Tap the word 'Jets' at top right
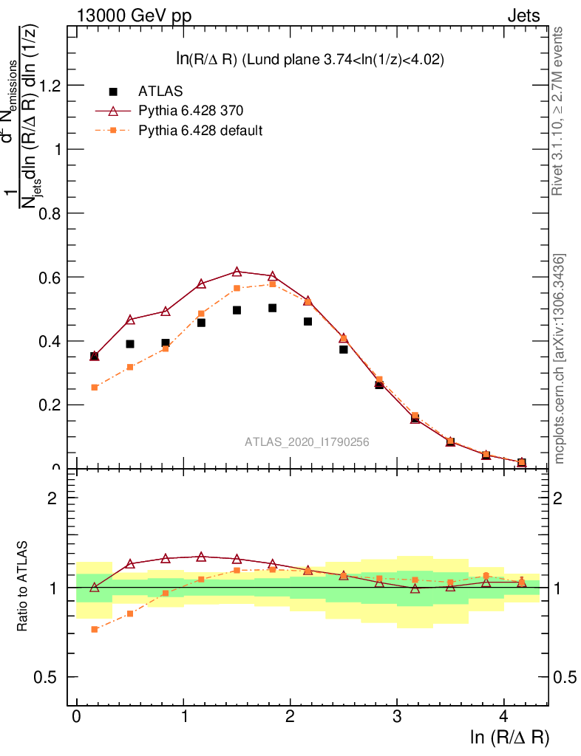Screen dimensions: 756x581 [x=523, y=16]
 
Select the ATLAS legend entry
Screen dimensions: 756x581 [x=160, y=92]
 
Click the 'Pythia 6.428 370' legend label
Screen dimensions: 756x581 [x=191, y=111]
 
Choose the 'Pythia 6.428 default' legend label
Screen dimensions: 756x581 [x=200, y=131]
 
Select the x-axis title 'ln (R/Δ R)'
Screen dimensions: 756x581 [x=509, y=738]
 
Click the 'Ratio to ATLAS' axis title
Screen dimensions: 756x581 [x=23, y=587]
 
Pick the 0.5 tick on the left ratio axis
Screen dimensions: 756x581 [x=48, y=677]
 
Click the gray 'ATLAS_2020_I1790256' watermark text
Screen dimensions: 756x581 [x=308, y=442]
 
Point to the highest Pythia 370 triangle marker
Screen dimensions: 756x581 [x=237, y=272]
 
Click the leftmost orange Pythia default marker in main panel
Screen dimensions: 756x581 [x=95, y=388]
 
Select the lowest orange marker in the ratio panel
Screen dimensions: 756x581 [x=95, y=629]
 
